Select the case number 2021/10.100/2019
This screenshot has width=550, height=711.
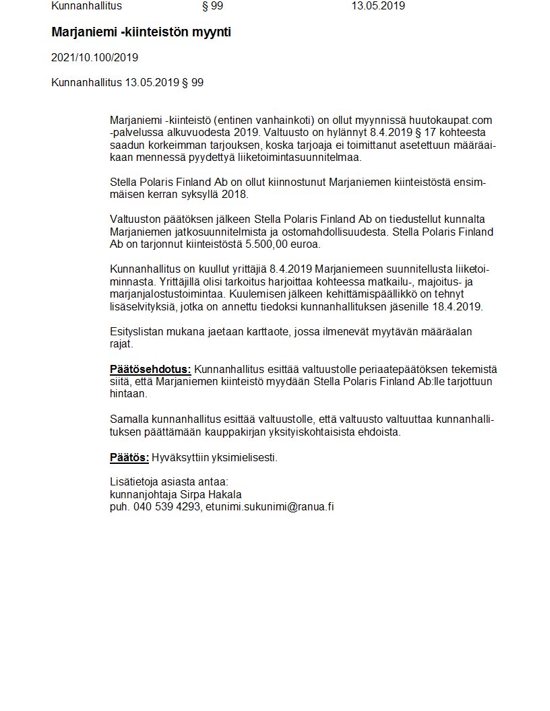(94, 58)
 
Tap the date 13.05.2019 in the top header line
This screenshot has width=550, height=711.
(377, 6)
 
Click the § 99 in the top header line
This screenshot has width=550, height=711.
(212, 6)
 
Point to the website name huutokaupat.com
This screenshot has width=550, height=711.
(452, 120)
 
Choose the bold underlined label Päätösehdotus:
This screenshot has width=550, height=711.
(150, 369)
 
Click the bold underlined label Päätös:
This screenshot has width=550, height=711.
(129, 458)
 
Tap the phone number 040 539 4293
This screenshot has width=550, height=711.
(166, 506)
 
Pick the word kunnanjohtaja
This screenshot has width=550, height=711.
(140, 494)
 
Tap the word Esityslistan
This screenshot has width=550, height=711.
(137, 331)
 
